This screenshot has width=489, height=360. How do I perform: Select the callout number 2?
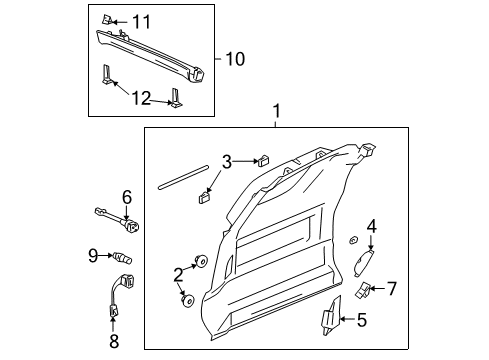[179, 273]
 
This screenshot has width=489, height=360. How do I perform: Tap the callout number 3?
[227, 162]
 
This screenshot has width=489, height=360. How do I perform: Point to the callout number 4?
[370, 226]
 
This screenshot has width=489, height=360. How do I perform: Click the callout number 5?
[361, 321]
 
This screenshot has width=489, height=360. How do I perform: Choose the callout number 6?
[127, 196]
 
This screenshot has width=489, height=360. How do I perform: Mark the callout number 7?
[392, 289]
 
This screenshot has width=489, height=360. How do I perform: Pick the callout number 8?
[113, 340]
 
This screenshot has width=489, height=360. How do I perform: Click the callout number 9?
[92, 255]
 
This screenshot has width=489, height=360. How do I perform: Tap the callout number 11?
[141, 20]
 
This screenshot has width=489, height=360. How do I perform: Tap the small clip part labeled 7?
[361, 290]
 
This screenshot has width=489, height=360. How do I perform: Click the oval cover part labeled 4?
[364, 262]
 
